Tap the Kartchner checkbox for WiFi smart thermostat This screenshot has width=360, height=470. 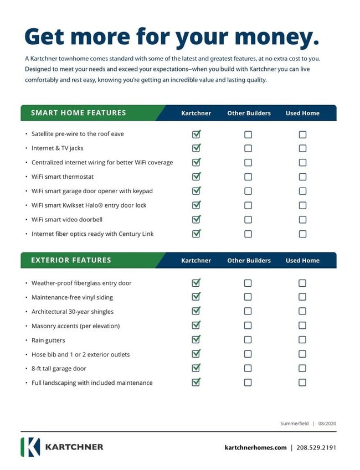point(196,177)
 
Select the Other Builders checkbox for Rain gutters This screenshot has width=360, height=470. point(248,340)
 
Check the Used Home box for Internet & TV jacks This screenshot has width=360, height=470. point(302,148)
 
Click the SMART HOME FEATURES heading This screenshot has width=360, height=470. point(79,113)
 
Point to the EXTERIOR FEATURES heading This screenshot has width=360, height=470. point(71,260)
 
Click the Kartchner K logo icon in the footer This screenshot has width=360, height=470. point(30,447)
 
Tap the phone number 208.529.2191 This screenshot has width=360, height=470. point(316,448)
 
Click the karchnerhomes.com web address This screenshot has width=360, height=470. point(255,448)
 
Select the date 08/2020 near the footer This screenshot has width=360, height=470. point(327,423)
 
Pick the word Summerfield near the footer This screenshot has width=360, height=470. point(295,423)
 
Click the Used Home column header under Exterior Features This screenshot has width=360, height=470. point(302,261)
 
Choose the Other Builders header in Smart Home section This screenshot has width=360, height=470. point(249,113)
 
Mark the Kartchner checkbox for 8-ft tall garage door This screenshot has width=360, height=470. point(196,368)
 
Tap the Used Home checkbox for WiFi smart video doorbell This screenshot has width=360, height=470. point(302,220)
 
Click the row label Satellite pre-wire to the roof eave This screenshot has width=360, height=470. point(78,134)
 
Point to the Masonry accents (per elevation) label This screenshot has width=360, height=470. point(75,326)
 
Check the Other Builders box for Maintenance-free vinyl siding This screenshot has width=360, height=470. point(248,297)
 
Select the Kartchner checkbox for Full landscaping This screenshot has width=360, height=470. point(196,383)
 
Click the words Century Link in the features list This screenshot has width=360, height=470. point(136,234)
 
